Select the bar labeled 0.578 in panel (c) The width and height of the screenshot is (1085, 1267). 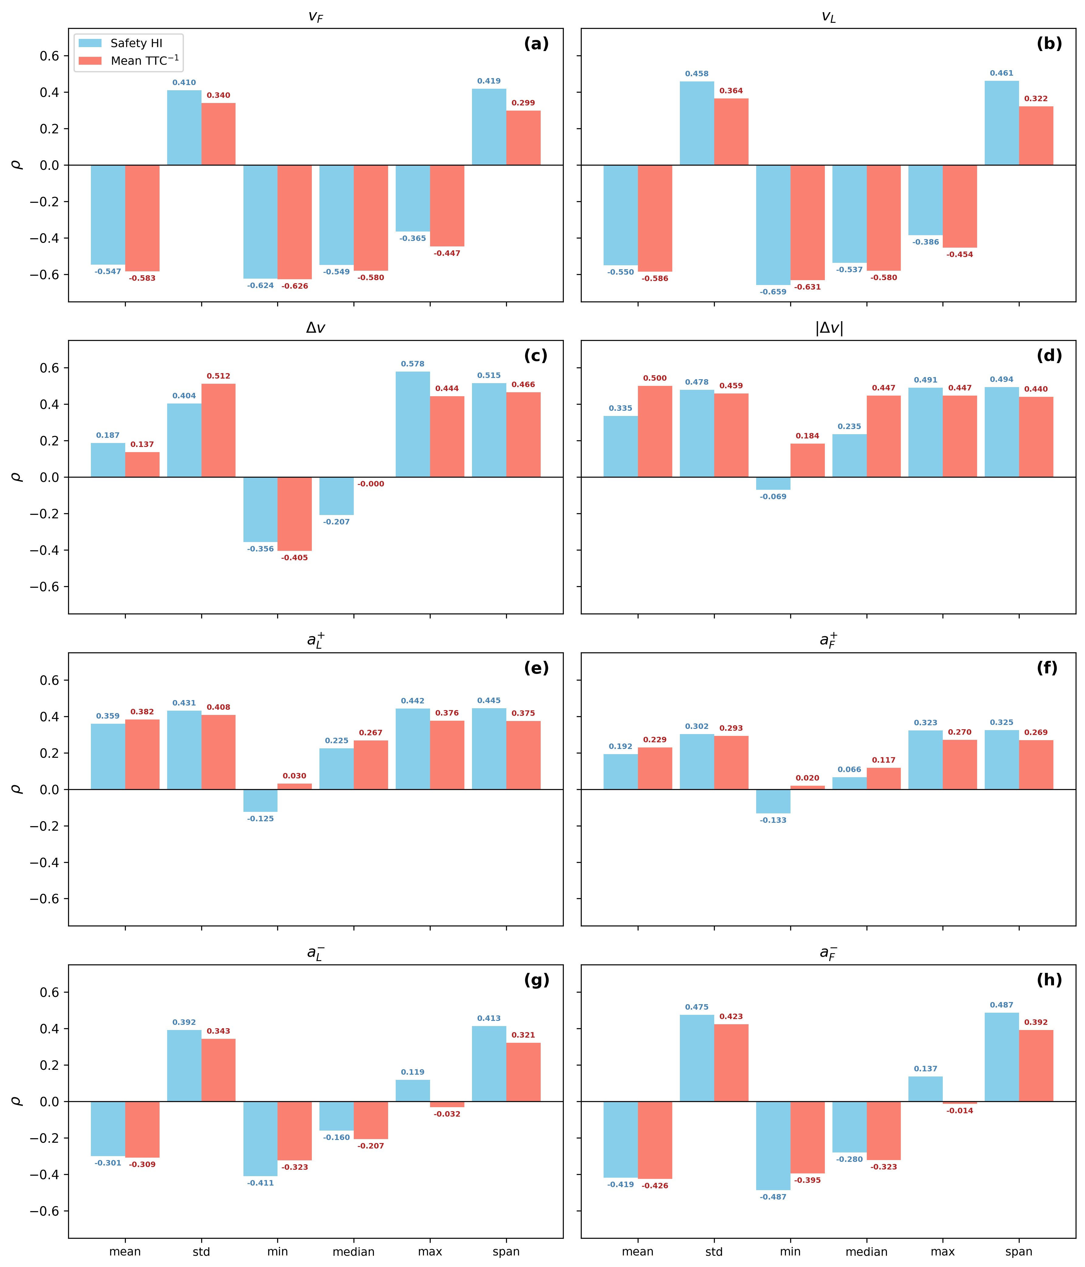pos(413,424)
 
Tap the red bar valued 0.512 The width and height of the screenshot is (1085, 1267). pos(218,431)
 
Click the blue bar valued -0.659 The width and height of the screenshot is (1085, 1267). pos(773,225)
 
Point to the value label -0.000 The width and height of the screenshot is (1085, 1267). pos(371,484)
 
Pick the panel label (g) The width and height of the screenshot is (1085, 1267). pos(536,980)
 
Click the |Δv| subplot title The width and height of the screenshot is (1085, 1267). pos(829,328)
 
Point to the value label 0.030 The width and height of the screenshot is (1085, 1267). pos(294,776)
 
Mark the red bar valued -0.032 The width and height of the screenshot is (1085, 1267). pos(447,1104)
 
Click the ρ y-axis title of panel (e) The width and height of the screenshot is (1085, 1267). pos(17,789)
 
